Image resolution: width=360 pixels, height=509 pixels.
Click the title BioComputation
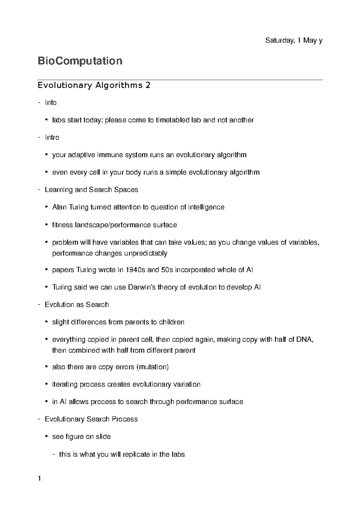[x=80, y=61]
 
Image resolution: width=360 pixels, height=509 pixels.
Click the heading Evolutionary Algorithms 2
[x=94, y=85]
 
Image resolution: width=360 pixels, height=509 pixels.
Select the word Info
[x=51, y=103]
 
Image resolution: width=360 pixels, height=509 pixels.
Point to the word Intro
[x=52, y=138]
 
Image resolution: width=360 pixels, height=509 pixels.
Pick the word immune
[x=111, y=155]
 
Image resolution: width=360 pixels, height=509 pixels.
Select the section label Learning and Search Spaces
[x=91, y=190]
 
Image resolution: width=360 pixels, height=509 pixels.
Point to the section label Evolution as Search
[x=77, y=305]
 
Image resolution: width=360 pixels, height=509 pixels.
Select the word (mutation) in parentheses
[x=152, y=367]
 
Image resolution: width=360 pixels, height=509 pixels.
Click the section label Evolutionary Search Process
[x=91, y=419]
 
